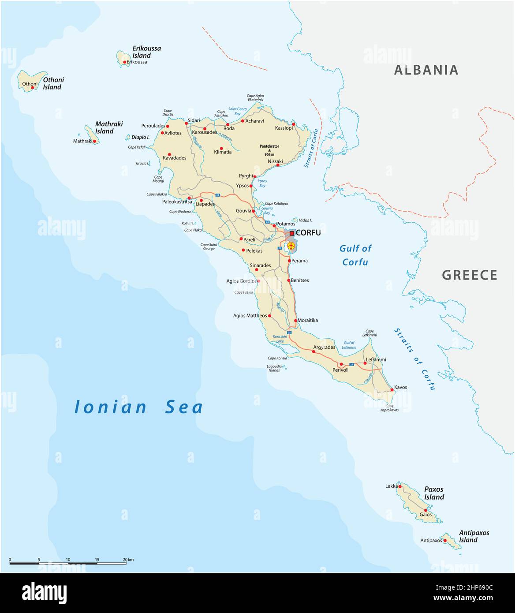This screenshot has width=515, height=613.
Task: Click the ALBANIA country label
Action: [x=426, y=70]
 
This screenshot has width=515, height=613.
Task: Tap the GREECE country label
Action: [x=470, y=275]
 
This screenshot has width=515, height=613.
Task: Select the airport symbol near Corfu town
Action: [x=291, y=245]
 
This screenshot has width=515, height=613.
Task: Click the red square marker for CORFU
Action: [x=292, y=233]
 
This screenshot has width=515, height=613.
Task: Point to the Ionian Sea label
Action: [x=138, y=407]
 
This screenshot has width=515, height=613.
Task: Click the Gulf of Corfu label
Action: [x=355, y=255]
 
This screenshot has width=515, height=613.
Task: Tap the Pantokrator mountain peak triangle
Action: [x=269, y=150]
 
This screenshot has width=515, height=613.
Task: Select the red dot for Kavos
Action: [x=392, y=390]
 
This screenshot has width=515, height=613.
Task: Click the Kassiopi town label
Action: [x=284, y=128]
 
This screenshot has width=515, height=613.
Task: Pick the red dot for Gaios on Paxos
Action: [x=425, y=510]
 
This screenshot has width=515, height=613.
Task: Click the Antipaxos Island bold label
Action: [x=474, y=536]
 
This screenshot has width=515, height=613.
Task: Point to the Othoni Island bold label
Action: [x=53, y=83]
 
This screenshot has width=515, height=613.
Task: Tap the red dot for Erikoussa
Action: [x=125, y=62]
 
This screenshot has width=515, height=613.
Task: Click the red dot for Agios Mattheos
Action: [x=270, y=315]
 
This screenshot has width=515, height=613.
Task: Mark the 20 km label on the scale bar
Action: [x=128, y=560]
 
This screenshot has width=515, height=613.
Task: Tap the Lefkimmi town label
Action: [x=376, y=359]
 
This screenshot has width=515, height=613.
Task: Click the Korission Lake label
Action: [x=280, y=339]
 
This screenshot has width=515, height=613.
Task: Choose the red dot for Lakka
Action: [x=400, y=487]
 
